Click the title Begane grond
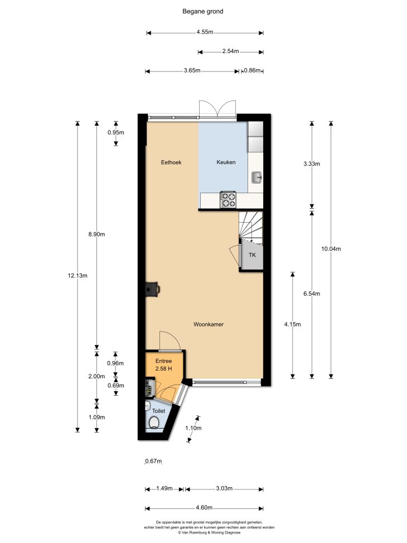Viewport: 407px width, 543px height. point(203,11)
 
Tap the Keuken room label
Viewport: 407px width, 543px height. point(226,162)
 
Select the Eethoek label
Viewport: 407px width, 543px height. point(171,162)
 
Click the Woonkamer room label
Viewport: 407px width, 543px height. point(209,324)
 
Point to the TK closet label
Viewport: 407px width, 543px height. point(253,255)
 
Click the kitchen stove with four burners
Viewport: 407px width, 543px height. point(228,200)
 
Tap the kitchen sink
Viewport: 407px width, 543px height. point(257,177)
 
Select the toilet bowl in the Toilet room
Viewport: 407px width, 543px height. point(154,422)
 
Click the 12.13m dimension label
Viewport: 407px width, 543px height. point(77,276)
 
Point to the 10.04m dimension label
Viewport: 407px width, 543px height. point(331,249)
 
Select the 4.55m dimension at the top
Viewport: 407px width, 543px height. point(205,32)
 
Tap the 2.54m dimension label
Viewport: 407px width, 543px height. point(230,51)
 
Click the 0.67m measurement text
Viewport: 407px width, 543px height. point(154,462)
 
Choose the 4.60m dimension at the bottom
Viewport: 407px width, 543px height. point(204,508)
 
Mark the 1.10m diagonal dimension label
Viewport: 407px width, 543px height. point(193,428)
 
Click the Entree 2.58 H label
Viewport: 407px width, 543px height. point(164,365)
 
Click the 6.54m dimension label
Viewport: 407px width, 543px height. point(312,294)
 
